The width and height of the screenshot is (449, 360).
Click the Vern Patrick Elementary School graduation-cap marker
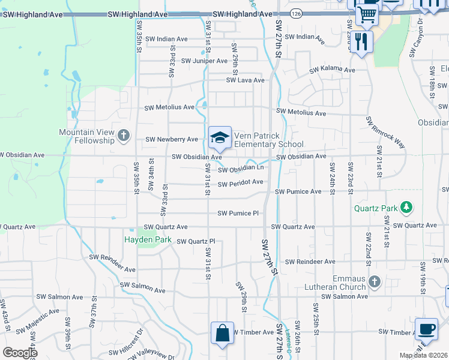(x=220, y=137)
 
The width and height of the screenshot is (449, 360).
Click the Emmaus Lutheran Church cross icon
(x=375, y=281)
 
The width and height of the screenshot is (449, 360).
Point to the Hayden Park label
(x=148, y=239)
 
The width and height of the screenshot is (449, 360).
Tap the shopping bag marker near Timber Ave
(x=222, y=334)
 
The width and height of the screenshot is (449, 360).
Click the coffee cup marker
(x=426, y=329)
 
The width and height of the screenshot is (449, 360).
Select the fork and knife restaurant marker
(x=360, y=41)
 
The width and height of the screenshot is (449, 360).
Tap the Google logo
(x=20, y=352)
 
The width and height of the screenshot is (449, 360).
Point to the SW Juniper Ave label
(x=204, y=61)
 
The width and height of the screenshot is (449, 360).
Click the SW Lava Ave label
(x=245, y=80)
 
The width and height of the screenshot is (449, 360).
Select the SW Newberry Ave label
(x=172, y=139)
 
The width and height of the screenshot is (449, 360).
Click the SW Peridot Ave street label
(x=240, y=184)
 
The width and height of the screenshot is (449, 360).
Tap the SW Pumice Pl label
(x=238, y=213)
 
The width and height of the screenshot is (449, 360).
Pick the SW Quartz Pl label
(x=195, y=242)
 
